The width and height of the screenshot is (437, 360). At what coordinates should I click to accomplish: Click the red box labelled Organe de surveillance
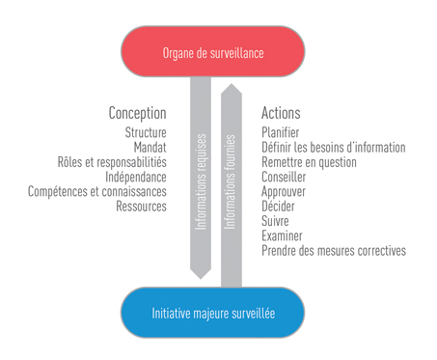tap(213, 52)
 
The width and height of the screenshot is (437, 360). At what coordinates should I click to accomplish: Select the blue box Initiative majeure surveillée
tap(213, 313)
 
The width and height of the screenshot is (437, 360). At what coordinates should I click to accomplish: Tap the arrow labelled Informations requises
tap(201, 179)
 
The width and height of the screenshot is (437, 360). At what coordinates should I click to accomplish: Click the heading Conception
tap(137, 113)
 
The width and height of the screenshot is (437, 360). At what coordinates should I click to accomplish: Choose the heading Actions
tap(281, 113)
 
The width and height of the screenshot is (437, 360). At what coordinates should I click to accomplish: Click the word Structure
tap(146, 132)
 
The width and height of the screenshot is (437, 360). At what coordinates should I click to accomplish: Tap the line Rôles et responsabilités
tap(112, 162)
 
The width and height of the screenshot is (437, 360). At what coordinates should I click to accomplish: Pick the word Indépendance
tap(135, 177)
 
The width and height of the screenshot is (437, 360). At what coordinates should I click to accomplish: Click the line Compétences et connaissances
tap(97, 191)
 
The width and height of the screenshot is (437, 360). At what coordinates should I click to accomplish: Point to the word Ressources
tap(141, 206)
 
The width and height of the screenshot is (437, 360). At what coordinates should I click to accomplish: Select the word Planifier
tap(281, 132)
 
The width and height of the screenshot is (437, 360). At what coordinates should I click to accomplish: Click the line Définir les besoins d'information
tap(333, 148)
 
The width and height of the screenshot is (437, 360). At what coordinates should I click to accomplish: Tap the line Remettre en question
tap(309, 162)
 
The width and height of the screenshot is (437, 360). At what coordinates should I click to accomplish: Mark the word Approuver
tap(286, 191)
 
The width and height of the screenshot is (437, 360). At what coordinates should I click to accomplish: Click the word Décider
tap(279, 206)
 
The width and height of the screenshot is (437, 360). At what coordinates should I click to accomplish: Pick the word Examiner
tap(282, 235)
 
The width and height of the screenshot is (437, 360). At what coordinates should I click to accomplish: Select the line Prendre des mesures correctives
tap(333, 250)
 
